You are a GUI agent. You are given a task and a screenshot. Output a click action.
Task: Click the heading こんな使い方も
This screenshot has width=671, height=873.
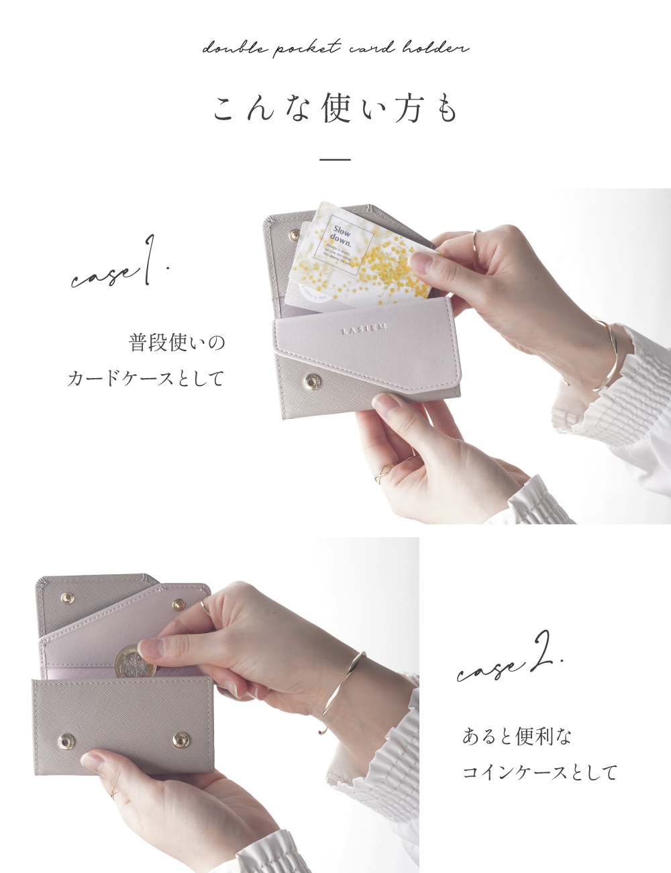point(335,109)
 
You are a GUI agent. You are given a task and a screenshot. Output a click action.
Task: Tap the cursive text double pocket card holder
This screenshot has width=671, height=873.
point(335,48)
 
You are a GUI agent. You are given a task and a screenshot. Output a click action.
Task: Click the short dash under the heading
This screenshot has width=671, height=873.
point(335,160)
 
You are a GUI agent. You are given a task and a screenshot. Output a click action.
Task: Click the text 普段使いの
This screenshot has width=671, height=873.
point(176,343)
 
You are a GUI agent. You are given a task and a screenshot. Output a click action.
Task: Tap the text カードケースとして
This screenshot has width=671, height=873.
point(145,378)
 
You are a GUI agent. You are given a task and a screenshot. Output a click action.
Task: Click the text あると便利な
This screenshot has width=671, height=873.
point(517,737)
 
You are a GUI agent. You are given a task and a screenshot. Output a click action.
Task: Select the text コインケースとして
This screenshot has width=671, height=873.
point(539,772)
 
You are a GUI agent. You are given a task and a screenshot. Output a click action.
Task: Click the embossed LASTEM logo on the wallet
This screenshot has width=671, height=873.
point(364,329)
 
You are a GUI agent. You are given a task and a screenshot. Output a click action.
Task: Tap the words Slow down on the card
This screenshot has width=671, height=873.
point(341,234)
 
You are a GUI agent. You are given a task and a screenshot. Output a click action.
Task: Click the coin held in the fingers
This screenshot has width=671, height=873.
point(134,661)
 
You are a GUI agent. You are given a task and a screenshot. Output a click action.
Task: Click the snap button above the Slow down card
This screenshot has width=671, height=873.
point(294,233)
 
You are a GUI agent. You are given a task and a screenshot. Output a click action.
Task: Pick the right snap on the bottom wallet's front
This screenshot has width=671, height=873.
point(180,740)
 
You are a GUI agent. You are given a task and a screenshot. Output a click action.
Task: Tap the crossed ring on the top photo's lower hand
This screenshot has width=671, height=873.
point(383,471)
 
